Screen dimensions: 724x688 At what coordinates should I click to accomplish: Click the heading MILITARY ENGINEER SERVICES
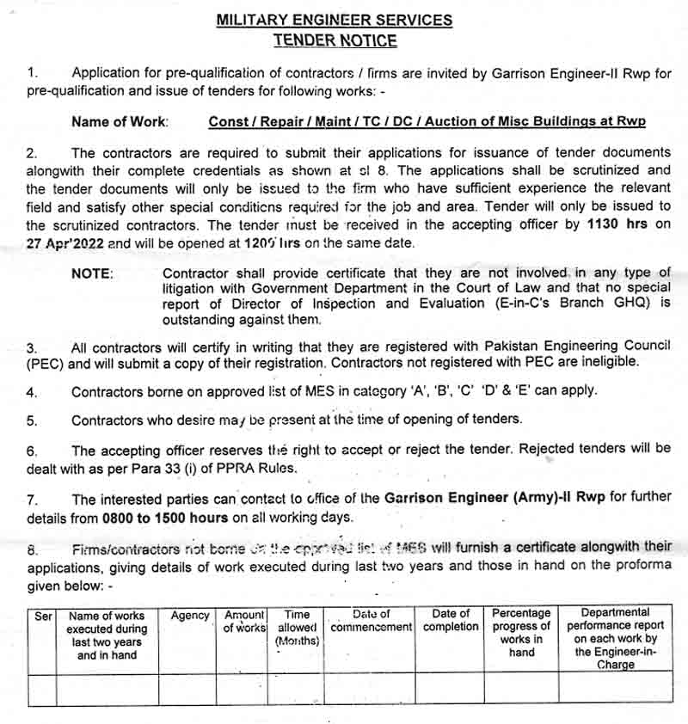tap(335, 20)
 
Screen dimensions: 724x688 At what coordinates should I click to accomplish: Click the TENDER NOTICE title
tap(335, 40)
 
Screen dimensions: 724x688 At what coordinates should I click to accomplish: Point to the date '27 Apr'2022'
tap(65, 243)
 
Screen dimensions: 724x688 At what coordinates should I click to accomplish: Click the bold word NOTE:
tap(92, 273)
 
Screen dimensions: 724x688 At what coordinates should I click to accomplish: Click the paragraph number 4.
tap(32, 391)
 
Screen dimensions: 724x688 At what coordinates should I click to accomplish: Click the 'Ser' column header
tap(43, 617)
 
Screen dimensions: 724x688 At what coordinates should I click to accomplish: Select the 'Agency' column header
tap(190, 616)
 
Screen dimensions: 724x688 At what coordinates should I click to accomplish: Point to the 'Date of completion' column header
tap(451, 620)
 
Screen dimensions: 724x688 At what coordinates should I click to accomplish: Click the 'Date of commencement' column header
tap(371, 620)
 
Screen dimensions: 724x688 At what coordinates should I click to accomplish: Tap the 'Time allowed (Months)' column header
tap(297, 628)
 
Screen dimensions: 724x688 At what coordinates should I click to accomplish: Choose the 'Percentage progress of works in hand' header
tap(521, 633)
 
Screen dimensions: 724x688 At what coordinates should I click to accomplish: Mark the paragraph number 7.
tap(32, 500)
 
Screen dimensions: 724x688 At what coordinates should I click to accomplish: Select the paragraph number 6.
tap(32, 451)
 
